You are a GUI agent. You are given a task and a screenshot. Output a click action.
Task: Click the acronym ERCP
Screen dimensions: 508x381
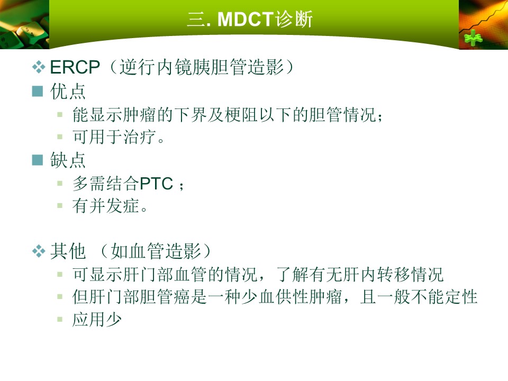[75, 67]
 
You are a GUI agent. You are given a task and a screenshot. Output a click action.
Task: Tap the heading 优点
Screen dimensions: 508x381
[68, 92]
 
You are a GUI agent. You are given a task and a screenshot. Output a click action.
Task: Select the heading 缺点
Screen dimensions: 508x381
[68, 160]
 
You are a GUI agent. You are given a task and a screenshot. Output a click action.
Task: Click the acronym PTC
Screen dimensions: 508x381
[156, 184]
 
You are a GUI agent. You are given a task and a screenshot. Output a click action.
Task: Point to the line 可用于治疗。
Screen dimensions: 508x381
[119, 137]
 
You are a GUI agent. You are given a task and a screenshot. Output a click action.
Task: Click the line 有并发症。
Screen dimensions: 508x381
[110, 206]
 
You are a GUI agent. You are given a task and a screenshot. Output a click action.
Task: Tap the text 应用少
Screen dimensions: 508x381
[97, 320]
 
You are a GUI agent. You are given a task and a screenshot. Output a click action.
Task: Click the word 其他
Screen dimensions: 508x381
[68, 251]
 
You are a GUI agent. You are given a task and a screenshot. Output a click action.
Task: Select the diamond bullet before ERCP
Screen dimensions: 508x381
[39, 67]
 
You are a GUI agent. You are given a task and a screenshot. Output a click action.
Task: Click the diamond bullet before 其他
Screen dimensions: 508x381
[39, 251]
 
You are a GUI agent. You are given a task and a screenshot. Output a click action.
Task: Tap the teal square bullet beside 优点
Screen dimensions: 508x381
[38, 92]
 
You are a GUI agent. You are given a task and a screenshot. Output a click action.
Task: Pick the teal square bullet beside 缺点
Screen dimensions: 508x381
[38, 160]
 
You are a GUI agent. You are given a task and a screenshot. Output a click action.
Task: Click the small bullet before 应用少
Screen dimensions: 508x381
[60, 320]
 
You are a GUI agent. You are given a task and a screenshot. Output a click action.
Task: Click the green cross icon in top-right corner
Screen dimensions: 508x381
[473, 38]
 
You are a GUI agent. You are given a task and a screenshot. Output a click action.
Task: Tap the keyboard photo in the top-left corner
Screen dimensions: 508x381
[24, 25]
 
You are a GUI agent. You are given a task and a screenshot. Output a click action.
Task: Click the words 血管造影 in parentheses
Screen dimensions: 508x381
[165, 251]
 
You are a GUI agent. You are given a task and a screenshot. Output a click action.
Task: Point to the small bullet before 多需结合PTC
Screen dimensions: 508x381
[60, 184]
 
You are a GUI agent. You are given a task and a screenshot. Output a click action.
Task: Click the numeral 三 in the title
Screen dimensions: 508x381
[196, 20]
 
